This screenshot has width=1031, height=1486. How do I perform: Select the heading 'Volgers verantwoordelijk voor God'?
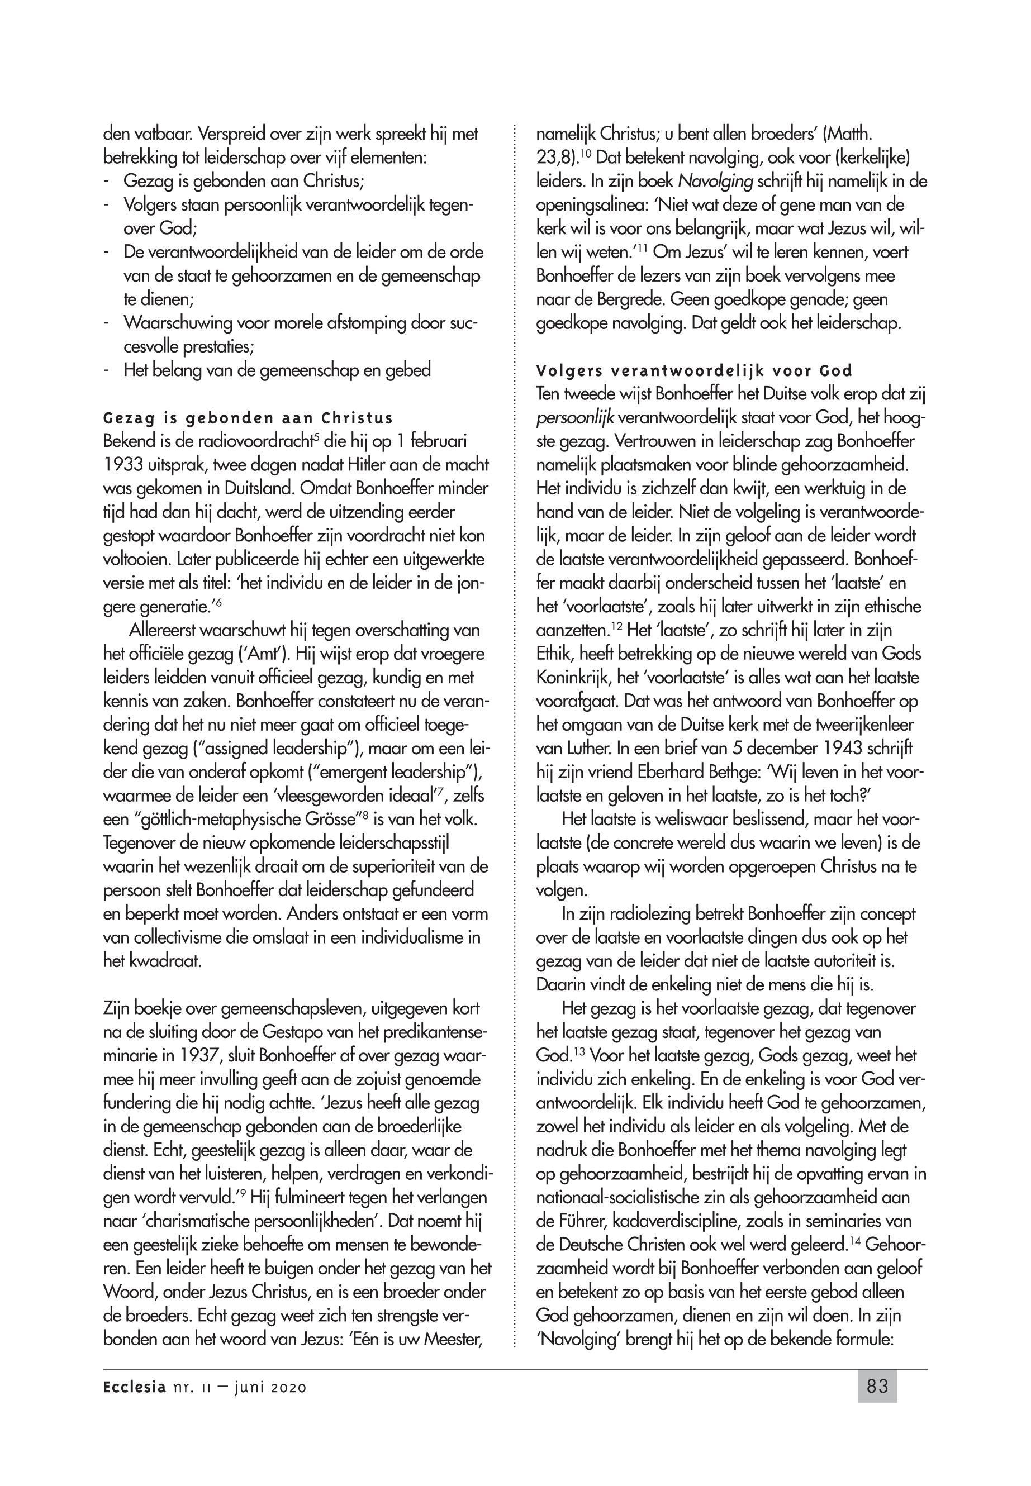pos(694,371)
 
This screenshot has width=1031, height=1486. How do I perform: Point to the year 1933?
pos(122,464)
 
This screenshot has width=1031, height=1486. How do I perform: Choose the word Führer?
pos(580,1221)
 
